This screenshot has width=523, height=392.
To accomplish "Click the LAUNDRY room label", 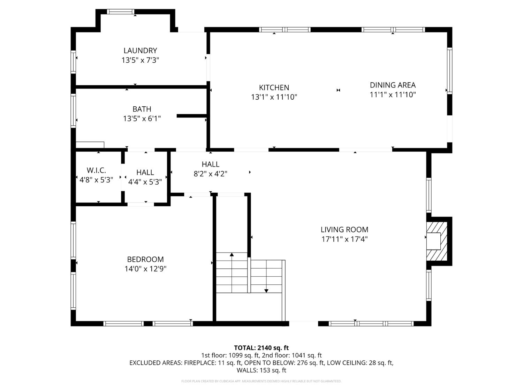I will [x=140, y=51].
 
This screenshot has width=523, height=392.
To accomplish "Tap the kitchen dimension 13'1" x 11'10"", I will [x=274, y=97].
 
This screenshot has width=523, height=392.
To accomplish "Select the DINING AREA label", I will [x=393, y=85].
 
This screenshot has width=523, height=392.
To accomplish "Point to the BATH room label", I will [x=142, y=109].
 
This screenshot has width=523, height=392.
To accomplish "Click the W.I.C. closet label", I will [x=96, y=170].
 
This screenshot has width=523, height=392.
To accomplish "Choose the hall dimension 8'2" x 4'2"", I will [x=211, y=174].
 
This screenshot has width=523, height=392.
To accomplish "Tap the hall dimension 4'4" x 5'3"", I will [x=145, y=182].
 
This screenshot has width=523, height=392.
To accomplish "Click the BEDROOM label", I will [x=145, y=259].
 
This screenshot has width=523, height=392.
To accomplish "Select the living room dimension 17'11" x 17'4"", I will [x=344, y=239].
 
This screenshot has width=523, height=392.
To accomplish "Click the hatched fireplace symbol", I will [x=437, y=241].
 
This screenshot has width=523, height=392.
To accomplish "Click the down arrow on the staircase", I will [x=266, y=290].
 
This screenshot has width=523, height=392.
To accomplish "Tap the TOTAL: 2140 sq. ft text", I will [x=261, y=348].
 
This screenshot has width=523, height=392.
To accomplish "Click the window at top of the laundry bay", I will [x=121, y=12].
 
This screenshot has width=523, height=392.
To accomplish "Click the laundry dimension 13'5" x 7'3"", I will [x=140, y=60].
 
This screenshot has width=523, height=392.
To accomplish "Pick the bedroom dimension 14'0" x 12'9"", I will [x=145, y=269].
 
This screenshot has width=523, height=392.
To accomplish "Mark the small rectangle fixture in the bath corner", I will [x=90, y=145].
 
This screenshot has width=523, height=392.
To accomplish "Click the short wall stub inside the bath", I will [x=191, y=116].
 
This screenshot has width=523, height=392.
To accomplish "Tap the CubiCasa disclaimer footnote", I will [x=261, y=381].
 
